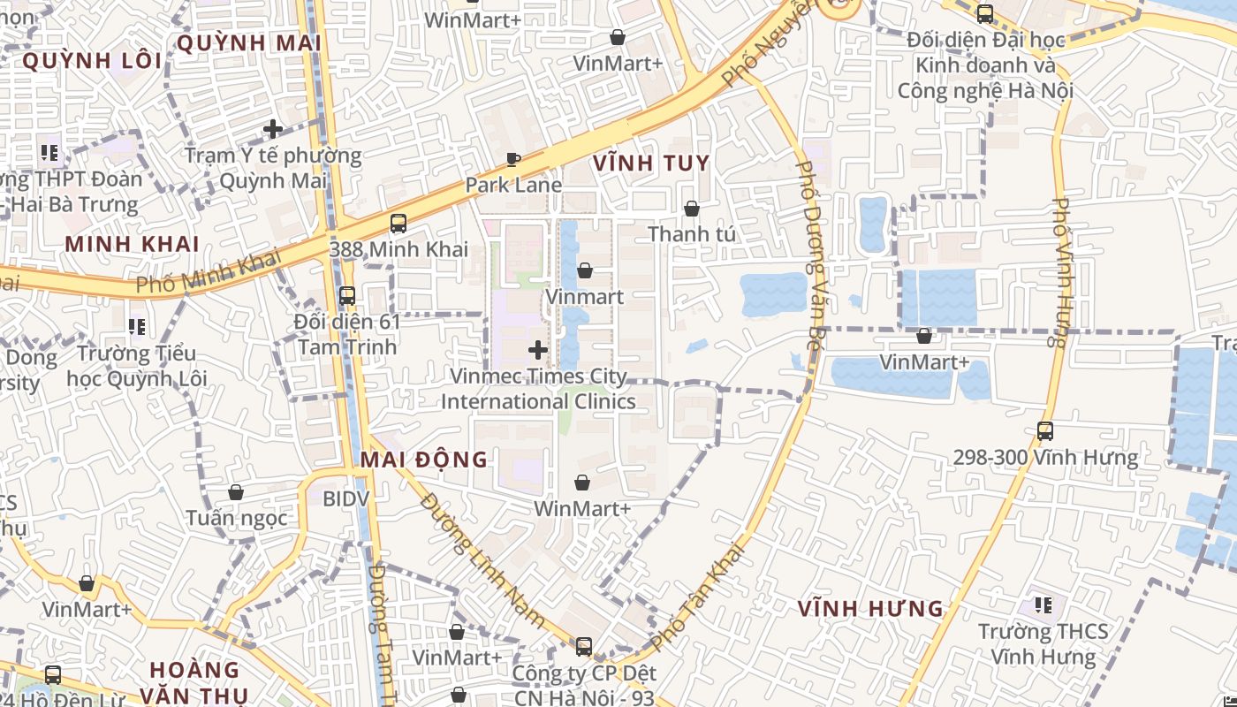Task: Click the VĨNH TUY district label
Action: click(651, 163)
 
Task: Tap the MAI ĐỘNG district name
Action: click(423, 460)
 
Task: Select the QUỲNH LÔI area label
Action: click(92, 61)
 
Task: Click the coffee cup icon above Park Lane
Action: click(513, 159)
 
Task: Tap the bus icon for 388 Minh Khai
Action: click(398, 224)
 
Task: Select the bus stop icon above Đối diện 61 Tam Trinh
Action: click(347, 296)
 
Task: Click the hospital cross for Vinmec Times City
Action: click(537, 351)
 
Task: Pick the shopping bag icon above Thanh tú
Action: click(692, 209)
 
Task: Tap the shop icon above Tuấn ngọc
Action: click(236, 492)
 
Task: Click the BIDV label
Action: click(345, 499)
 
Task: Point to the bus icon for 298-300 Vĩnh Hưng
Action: click(1045, 431)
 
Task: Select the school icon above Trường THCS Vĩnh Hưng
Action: click(1043, 605)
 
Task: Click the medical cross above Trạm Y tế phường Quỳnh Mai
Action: click(273, 129)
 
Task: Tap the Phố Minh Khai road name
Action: click(209, 273)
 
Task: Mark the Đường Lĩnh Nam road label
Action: click(482, 560)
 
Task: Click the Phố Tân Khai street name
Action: click(698, 597)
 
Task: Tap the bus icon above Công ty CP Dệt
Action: click(583, 646)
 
